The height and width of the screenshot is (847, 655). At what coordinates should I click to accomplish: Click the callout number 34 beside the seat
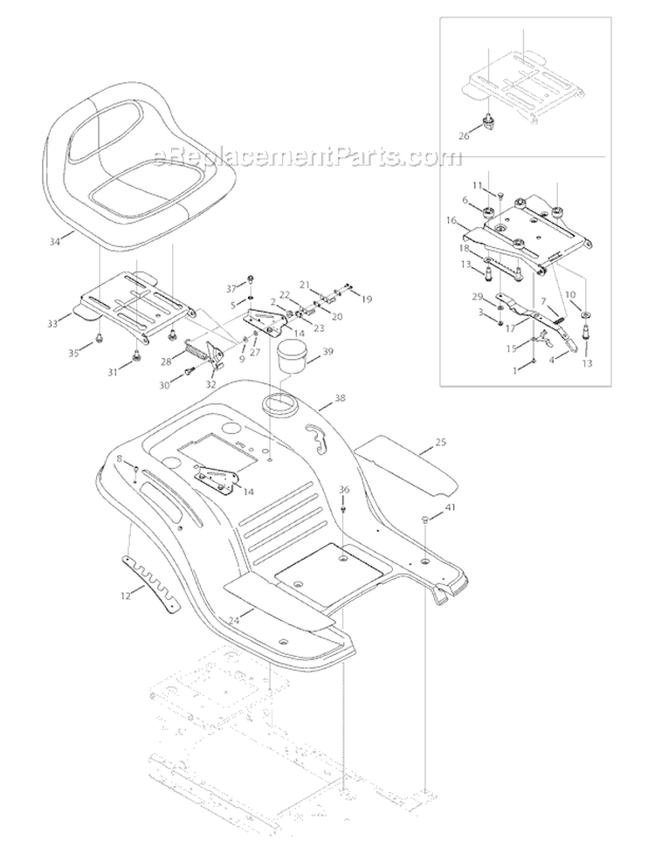coord(54,242)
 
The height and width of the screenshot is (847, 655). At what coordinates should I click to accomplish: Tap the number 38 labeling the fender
coord(340,398)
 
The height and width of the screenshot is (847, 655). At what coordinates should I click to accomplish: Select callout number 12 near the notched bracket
coord(126,596)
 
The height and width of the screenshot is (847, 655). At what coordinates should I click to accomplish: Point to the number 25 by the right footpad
coord(440,442)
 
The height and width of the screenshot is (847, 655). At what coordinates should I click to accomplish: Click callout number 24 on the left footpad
coord(234,621)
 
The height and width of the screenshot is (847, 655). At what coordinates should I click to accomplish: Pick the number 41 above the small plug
coord(450,508)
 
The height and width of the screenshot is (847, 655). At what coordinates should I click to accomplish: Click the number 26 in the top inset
coord(464,135)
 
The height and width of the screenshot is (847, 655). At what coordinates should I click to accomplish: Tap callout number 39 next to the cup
coord(327,352)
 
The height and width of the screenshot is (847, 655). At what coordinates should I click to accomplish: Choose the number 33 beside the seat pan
coord(52,324)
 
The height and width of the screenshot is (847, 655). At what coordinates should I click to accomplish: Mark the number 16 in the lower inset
coord(452,220)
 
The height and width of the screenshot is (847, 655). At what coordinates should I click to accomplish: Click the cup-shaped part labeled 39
coord(293,356)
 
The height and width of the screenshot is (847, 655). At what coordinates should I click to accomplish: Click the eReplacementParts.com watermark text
coord(308,157)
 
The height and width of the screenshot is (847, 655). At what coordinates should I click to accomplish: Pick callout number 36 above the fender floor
coord(344,489)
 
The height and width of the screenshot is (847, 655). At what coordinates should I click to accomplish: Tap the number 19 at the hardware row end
coord(367,299)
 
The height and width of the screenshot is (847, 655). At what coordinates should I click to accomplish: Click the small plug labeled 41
coord(424,519)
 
